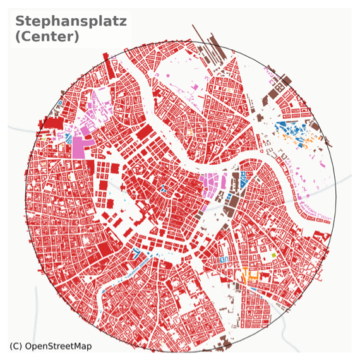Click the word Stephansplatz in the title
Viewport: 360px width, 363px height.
(x=71, y=21)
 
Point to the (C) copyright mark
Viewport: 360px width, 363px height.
(x=16, y=346)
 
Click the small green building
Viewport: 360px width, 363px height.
(x=273, y=254)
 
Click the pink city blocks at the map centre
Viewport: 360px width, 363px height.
(x=212, y=185)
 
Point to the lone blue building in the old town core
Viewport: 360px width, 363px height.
(x=163, y=189)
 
